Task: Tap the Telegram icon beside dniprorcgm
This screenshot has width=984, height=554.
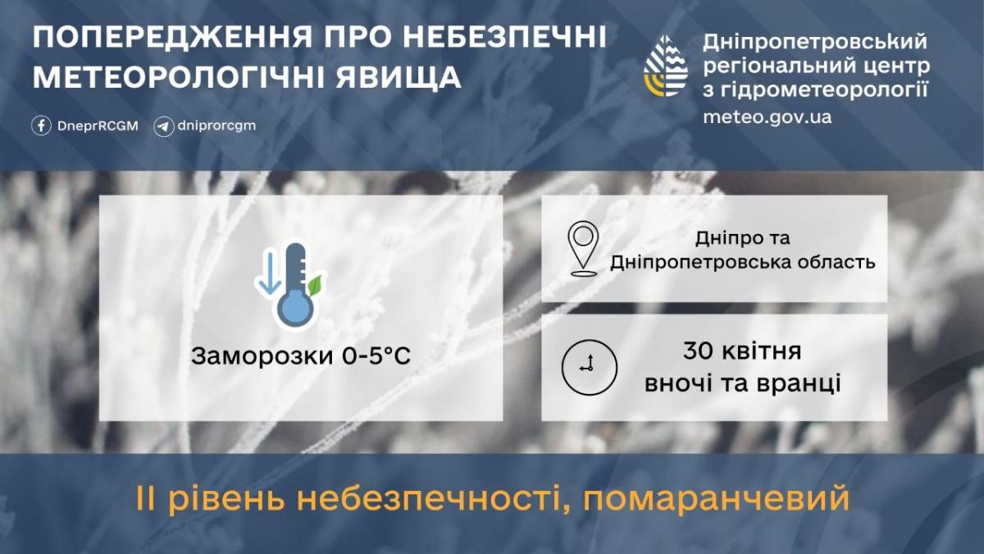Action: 164,126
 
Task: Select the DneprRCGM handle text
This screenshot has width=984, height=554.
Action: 97,126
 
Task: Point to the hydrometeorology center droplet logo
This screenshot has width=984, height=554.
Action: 666,66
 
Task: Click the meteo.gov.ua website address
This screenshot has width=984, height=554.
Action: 767,117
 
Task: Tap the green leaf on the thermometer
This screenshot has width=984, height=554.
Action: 315,285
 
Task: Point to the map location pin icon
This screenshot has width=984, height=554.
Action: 583,247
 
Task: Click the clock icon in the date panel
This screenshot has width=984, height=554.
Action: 589,366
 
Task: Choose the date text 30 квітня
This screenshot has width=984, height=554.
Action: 742,352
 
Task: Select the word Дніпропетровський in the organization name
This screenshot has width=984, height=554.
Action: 815,41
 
